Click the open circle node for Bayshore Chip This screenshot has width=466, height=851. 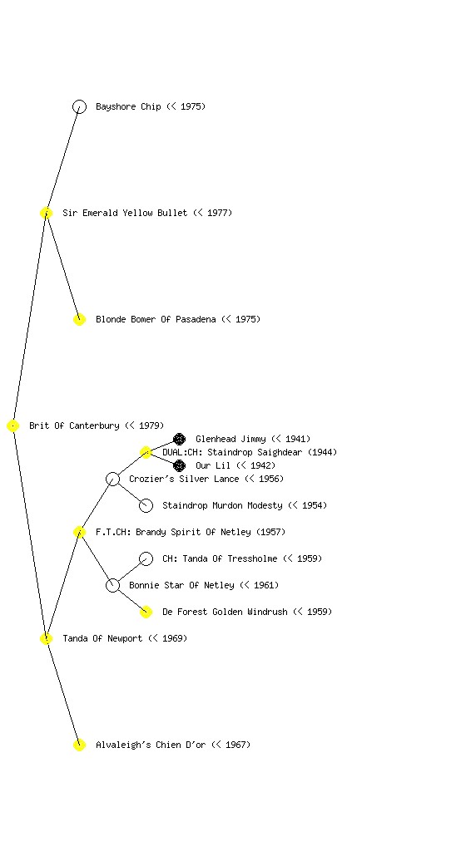pos(79,106)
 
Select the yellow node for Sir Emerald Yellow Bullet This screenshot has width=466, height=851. pos(46,213)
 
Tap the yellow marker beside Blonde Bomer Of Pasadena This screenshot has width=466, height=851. pos(79,319)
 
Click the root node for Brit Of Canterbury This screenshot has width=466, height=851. pos(13,425)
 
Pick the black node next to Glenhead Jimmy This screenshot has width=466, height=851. pos(179,439)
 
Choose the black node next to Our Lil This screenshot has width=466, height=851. pos(179,465)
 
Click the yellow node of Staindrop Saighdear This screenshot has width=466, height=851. pos(146,452)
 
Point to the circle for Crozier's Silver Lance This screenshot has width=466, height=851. pos(112,479)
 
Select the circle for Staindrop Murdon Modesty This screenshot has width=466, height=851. pos(146,505)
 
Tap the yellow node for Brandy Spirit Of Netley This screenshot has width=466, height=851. pos(79,532)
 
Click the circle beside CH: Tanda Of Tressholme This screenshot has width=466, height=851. pos(146,558)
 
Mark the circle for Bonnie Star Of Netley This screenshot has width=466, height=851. pos(112,585)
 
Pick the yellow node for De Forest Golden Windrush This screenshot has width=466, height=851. pos(146,612)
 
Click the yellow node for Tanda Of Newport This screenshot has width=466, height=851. pos(46,638)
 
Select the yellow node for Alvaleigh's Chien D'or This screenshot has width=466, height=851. pos(79,745)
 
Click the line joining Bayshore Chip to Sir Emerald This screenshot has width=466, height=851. pos(62,160)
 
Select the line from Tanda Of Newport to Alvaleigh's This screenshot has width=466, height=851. pos(62,691)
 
